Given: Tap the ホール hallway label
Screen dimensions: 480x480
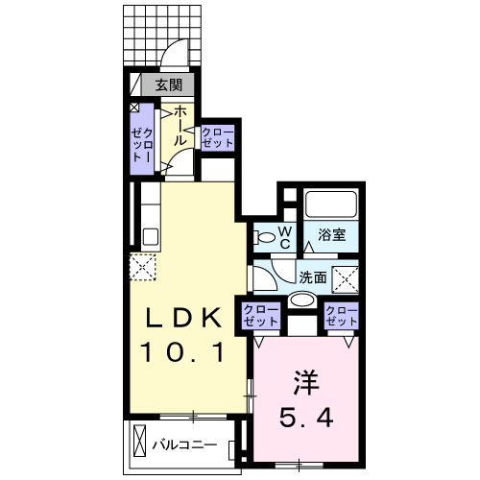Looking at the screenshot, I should click(180, 126).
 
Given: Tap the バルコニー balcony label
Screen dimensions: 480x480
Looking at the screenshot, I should click(183, 444).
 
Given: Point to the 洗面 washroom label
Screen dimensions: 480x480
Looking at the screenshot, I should click(313, 276).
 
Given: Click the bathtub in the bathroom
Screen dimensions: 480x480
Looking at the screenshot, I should click(330, 204).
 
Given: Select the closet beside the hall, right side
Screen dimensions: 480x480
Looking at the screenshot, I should click(217, 136).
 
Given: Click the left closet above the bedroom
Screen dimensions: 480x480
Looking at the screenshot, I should click(260, 315).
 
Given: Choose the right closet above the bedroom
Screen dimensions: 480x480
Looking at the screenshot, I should click(341, 315).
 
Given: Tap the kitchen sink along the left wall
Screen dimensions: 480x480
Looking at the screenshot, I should click(149, 236).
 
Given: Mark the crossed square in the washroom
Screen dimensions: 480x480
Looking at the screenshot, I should click(347, 279).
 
